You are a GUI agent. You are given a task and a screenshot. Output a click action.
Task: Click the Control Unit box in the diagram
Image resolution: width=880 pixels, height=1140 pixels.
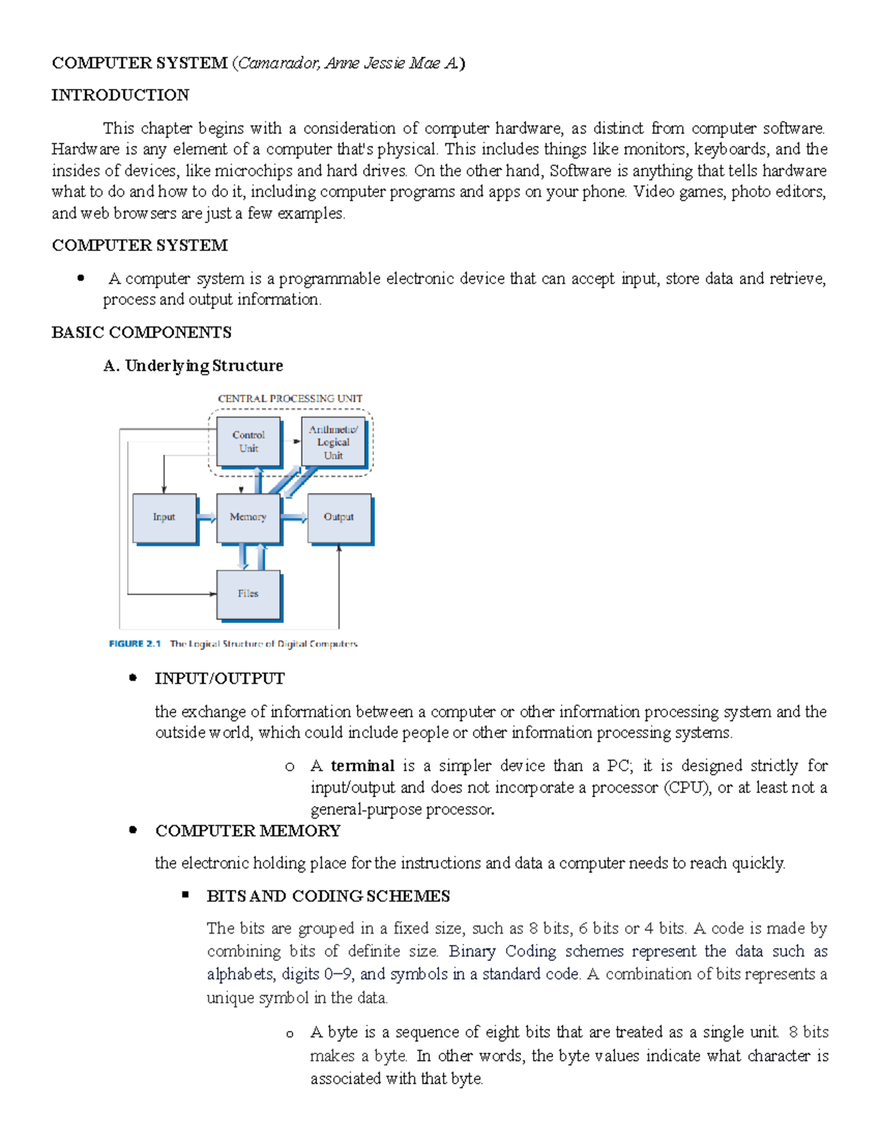click(x=249, y=442)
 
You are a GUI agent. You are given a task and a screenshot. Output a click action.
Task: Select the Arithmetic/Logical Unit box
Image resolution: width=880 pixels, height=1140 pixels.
click(x=333, y=442)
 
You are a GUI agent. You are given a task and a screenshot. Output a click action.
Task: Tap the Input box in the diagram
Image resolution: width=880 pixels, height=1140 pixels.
click(x=164, y=518)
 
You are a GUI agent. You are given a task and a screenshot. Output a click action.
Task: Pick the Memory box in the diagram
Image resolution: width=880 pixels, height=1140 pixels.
click(x=248, y=518)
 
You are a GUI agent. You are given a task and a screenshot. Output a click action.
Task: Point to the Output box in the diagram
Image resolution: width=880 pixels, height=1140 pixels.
click(x=339, y=518)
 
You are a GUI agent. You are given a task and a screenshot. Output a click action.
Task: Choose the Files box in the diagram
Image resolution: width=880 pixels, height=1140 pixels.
click(x=248, y=594)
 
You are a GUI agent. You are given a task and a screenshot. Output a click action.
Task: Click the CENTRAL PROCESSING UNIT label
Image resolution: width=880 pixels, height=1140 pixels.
click(x=290, y=399)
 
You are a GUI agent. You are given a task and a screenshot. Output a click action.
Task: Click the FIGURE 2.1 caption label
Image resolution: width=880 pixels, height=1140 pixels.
click(x=135, y=644)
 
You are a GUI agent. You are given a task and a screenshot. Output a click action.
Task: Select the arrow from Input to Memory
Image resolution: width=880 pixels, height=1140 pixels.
click(x=207, y=518)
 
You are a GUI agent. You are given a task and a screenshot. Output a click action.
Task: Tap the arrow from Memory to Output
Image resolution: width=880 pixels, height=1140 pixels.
click(x=294, y=518)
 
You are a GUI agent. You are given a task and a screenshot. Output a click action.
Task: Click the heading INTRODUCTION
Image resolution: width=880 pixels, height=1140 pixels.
click(x=120, y=95)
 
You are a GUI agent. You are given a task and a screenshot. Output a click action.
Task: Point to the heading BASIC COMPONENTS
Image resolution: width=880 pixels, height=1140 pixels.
click(x=142, y=333)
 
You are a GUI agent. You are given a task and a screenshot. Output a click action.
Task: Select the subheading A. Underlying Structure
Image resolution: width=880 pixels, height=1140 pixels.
click(x=194, y=366)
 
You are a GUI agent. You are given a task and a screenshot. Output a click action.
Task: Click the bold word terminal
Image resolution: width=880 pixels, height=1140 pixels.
click(x=362, y=766)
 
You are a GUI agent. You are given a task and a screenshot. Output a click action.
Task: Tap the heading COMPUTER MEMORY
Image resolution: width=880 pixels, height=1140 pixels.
click(x=248, y=831)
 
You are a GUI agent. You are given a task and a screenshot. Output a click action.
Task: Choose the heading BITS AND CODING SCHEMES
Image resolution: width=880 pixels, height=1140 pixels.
click(x=329, y=896)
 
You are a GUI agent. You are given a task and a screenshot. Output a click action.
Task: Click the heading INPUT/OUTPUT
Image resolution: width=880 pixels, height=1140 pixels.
click(x=220, y=678)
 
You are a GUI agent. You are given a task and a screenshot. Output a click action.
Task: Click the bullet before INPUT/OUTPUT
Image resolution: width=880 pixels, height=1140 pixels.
click(x=133, y=678)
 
